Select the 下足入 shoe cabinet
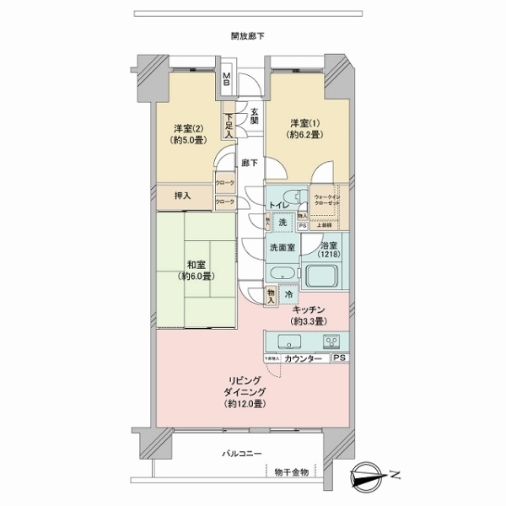coord(228,126)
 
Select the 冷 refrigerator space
coord(288,295)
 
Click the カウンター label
coord(303,360)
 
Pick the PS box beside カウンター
coord(339,359)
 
